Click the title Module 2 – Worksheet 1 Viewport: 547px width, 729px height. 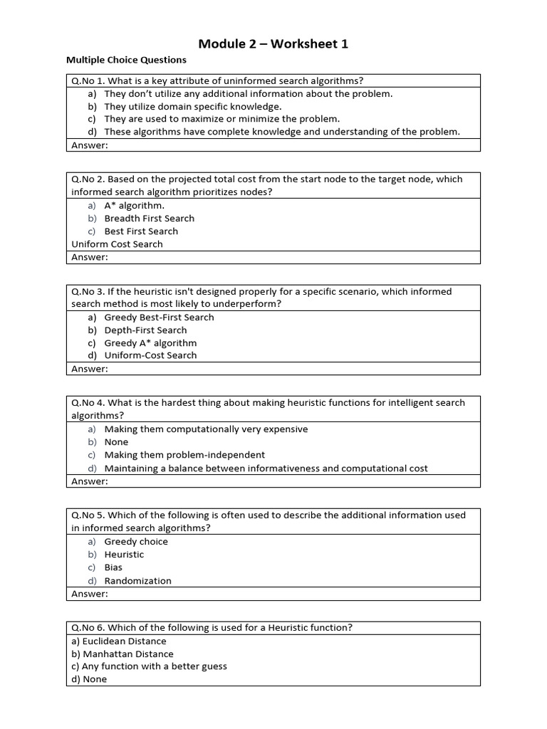click(x=273, y=44)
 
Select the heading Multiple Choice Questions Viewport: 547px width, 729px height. click(x=126, y=61)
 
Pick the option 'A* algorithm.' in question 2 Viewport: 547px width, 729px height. click(x=134, y=206)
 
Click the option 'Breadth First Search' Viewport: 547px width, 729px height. click(x=149, y=219)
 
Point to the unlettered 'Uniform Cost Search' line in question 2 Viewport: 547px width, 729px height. click(x=117, y=244)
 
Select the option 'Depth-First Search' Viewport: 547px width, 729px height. click(x=145, y=330)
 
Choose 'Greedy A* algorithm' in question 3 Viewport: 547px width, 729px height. click(x=150, y=343)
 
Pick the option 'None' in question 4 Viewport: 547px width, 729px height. click(x=116, y=442)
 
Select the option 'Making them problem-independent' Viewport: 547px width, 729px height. click(x=184, y=455)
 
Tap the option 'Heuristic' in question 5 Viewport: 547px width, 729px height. click(x=124, y=555)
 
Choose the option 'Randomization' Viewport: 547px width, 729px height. click(x=137, y=581)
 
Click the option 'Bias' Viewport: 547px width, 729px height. click(x=113, y=567)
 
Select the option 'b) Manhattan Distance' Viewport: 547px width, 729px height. click(x=122, y=654)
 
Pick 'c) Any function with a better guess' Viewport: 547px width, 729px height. click(x=149, y=666)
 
